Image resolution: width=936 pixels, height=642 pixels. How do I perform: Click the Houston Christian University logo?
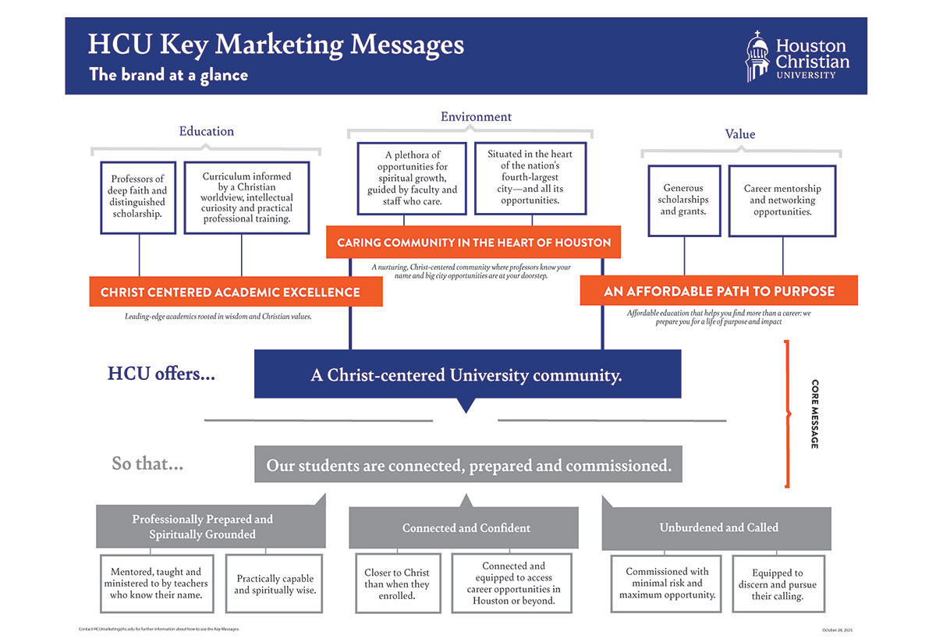(x=796, y=56)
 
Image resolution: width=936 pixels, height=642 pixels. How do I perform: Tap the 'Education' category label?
(x=207, y=131)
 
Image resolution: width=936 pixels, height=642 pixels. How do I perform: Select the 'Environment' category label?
(x=476, y=117)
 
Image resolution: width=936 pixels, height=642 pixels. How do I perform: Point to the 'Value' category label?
(x=739, y=134)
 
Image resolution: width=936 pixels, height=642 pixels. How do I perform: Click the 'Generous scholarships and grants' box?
(x=683, y=200)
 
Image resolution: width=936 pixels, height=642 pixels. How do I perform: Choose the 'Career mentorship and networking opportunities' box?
(x=782, y=200)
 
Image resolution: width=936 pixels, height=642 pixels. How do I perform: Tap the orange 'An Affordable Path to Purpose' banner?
(x=718, y=292)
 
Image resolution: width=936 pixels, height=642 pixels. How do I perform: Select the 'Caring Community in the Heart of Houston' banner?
(x=473, y=243)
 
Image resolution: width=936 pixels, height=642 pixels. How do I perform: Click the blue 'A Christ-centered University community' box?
(x=466, y=375)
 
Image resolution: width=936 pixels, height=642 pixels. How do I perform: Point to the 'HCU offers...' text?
(x=161, y=374)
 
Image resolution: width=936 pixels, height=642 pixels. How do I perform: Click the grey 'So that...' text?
(x=147, y=464)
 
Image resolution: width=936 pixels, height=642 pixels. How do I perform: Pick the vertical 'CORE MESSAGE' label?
(x=814, y=413)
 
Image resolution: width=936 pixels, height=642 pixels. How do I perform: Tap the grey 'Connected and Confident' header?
(x=466, y=528)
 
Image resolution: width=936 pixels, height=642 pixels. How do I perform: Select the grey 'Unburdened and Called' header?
(x=718, y=528)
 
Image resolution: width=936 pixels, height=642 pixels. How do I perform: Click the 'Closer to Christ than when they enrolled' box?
(x=397, y=583)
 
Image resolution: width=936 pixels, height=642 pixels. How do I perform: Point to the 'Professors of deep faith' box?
(x=137, y=197)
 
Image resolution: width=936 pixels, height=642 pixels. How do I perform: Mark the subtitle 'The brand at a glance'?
(x=168, y=75)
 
